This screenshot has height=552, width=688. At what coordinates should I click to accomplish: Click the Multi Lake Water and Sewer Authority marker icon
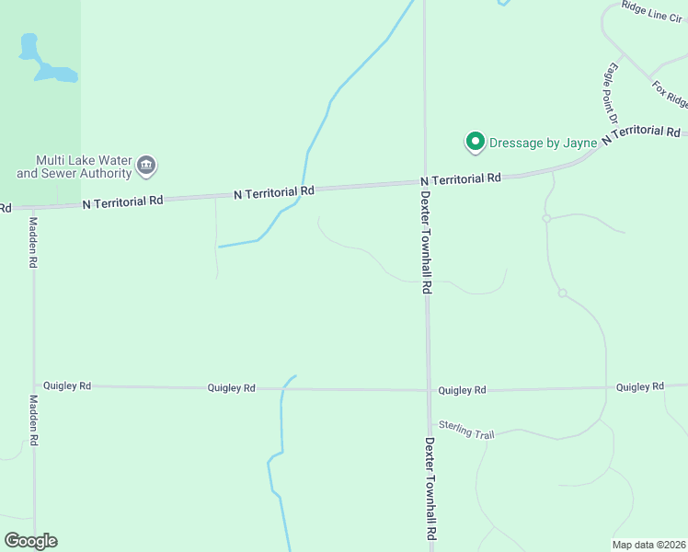[146, 167]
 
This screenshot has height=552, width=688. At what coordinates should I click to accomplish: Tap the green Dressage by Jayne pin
[475, 142]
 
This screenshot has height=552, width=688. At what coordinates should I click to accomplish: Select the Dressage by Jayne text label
[544, 142]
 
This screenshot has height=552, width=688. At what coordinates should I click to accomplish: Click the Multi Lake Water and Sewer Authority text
[74, 167]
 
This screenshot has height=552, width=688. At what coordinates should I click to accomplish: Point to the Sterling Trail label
[466, 429]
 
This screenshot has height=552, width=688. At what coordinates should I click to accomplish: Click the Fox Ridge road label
[670, 93]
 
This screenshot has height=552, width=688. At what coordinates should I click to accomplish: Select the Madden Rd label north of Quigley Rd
[33, 242]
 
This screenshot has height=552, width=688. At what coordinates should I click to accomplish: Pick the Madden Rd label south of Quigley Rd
[33, 420]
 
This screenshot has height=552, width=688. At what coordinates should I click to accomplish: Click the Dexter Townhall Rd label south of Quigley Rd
[430, 488]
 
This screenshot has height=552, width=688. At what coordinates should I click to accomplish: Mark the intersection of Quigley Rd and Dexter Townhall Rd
[428, 389]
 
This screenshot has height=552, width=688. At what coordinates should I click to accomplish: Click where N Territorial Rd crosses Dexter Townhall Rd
[425, 182]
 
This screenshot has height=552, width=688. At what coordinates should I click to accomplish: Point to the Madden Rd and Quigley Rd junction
[34, 386]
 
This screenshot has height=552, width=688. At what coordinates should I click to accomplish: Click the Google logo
[30, 541]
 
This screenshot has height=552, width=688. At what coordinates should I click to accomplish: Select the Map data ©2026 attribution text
[648, 545]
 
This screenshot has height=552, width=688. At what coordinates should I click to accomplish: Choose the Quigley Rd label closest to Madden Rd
[66, 386]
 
